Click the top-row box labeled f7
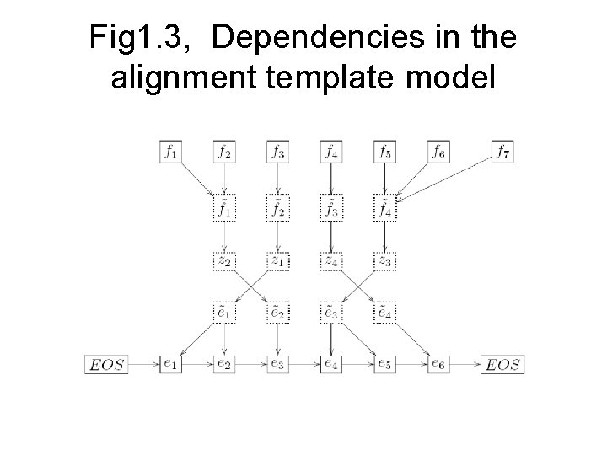click(x=502, y=153)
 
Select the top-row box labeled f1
click(x=171, y=153)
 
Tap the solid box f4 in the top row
click(x=331, y=153)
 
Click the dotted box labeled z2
click(x=224, y=261)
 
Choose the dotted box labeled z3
click(x=385, y=261)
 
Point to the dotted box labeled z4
click(x=331, y=261)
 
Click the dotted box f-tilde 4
click(x=385, y=206)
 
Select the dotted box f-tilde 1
click(x=224, y=206)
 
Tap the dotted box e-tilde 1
click(x=224, y=313)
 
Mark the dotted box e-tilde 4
click(x=385, y=313)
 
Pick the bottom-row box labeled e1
click(x=171, y=365)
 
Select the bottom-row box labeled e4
click(x=331, y=365)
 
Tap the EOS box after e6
click(x=503, y=365)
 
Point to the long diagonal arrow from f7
click(x=447, y=176)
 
